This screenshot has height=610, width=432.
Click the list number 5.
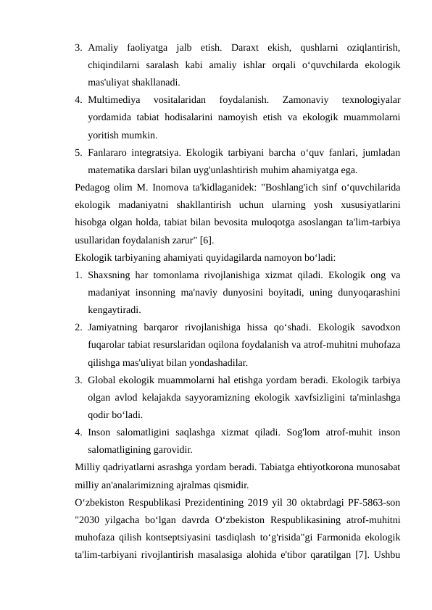pyautogui.click(x=78, y=153)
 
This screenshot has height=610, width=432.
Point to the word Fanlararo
pyautogui.click(x=108, y=153)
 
